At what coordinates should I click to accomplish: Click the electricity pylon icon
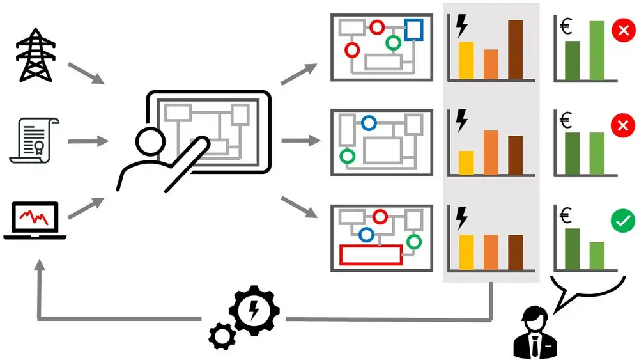pos(35,57)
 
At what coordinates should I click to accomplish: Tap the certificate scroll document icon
pos(35,140)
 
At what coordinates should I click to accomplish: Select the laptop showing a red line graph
pos(35,221)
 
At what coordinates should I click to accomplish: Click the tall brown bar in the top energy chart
pos(515,50)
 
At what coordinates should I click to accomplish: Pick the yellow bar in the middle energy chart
pos(466,162)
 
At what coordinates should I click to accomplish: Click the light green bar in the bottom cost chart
pos(597,255)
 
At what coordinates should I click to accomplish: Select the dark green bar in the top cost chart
pos(572,61)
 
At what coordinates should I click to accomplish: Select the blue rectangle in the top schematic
pos(413,29)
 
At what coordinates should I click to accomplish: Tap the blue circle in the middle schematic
pos(368,123)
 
